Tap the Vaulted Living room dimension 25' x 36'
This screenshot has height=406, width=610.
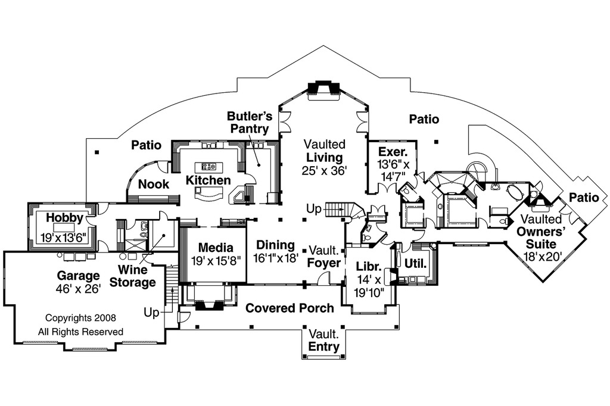(324, 170)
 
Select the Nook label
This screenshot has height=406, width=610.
(154, 184)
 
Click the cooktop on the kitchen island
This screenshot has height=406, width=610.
(209, 167)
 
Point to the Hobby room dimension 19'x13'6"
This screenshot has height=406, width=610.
(64, 237)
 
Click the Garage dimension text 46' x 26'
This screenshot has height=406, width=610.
(79, 289)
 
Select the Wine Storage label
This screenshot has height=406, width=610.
(133, 276)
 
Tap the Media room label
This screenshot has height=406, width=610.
(216, 247)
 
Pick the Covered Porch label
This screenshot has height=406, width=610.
(290, 308)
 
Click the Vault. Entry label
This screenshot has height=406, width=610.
(323, 340)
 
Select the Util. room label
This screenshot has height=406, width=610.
(415, 263)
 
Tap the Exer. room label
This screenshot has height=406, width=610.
(393, 152)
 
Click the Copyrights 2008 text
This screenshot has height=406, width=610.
(80, 318)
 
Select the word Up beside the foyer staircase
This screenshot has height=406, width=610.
(314, 209)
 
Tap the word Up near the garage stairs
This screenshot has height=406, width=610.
(152, 312)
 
